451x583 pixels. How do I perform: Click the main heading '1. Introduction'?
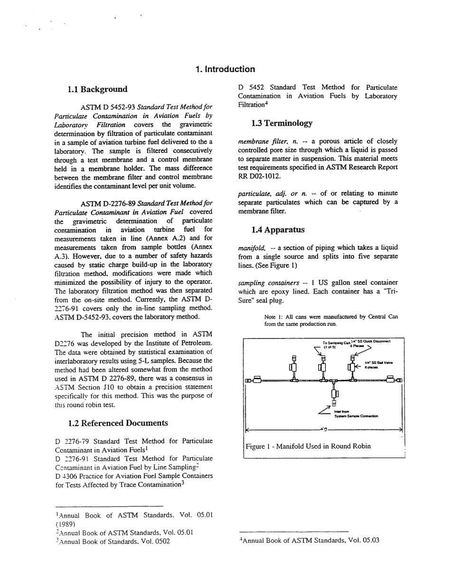(225, 69)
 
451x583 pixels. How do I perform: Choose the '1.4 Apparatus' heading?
(278, 230)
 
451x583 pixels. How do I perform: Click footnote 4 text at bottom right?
(310, 540)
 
